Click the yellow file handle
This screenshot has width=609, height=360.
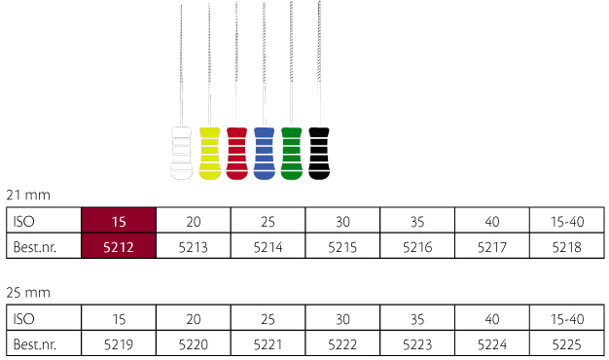pos(210,154)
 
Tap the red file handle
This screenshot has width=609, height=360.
pos(237,154)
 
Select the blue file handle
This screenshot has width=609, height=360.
pos(264,154)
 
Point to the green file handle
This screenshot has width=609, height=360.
pos(291,154)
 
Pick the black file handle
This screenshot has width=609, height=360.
pos(319,154)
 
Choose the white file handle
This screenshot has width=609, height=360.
pos(182,154)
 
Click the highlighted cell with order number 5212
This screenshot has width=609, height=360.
pos(119,246)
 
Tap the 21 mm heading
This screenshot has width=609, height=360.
pos(28,195)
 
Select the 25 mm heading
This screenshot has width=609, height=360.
pos(28,292)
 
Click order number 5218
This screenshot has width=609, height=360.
pos(566,247)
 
